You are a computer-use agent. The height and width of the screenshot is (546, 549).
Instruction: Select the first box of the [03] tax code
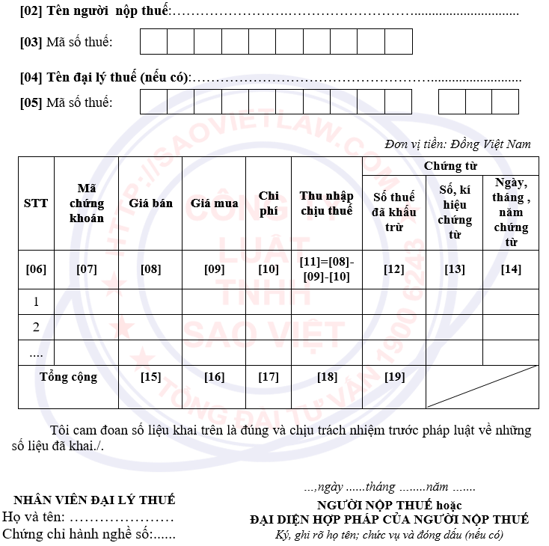153,42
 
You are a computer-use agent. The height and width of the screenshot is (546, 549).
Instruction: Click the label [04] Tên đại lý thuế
105,77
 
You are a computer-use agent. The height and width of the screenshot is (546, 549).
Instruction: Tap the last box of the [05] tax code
505,102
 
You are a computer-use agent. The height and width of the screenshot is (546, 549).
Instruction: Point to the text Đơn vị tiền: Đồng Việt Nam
458,144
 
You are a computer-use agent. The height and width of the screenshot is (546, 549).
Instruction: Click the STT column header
36,203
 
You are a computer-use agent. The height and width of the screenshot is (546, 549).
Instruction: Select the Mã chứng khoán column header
87,203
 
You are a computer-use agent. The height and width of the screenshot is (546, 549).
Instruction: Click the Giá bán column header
150,203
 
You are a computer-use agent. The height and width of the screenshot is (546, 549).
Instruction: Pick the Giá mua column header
214,203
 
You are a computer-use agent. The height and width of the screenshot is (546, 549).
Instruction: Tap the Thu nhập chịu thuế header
326,203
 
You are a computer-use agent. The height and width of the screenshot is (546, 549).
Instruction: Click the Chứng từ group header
450,166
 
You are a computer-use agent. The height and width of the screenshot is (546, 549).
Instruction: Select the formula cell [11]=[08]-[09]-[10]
326,269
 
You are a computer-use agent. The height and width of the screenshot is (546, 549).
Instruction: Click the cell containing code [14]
511,269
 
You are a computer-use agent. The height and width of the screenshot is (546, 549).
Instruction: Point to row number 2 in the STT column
36,327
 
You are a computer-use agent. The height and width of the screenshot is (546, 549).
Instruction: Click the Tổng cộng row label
68,377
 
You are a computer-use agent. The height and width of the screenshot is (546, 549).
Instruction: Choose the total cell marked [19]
394,377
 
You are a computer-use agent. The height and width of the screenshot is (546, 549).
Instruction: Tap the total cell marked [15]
150,377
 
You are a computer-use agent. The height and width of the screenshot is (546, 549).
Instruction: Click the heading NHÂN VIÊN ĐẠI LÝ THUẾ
94,500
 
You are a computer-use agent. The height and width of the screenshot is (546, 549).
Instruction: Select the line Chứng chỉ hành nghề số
89,534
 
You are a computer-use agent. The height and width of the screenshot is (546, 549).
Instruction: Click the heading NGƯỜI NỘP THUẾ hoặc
389,505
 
